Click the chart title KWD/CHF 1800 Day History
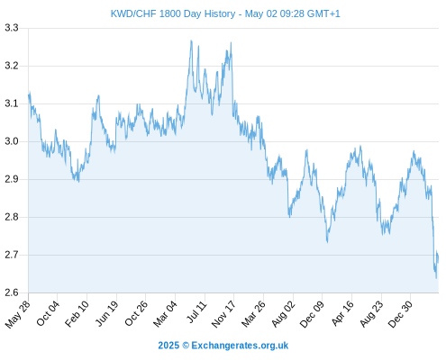pos(173,13)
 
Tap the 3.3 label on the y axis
pos(12,28)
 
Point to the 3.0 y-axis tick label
pos(12,141)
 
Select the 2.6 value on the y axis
pos(12,292)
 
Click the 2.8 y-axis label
pos(12,217)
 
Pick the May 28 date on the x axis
pos(18,314)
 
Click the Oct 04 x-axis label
pos(48,313)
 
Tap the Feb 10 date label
pos(77,313)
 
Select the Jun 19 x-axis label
pos(106,313)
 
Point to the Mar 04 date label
pos(165,314)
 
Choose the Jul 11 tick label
pos(197,311)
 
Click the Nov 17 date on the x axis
pos(223,314)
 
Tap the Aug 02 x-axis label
pos(283,314)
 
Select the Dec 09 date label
pos(312,314)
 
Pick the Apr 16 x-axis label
pos(342,313)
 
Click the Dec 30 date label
pos(400,314)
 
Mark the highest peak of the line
pos(191,40)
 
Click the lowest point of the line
pos(436,278)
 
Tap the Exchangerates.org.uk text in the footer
pos(240,346)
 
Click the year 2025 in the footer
pos(168,346)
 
